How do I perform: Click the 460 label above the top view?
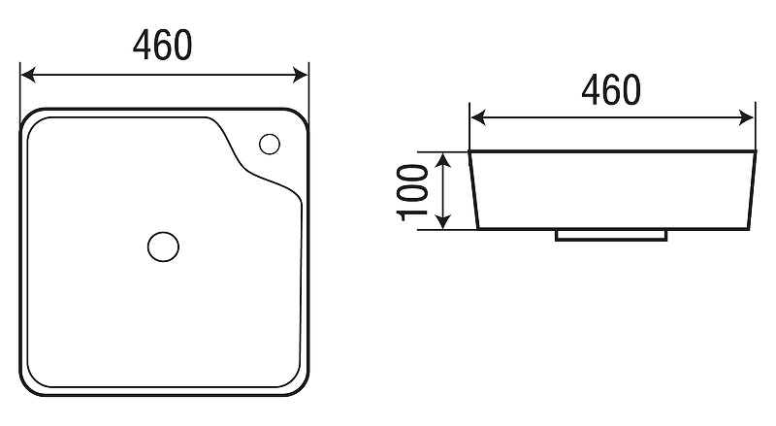click(162, 45)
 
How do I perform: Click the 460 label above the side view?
click(611, 90)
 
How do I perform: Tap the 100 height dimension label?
click(412, 192)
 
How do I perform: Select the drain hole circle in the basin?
click(163, 246)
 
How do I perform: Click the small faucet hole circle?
click(270, 145)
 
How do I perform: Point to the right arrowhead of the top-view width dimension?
click(300, 76)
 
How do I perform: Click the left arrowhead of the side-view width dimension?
click(478, 117)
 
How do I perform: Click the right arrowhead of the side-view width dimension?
click(746, 117)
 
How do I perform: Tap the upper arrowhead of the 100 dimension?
click(444, 160)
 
